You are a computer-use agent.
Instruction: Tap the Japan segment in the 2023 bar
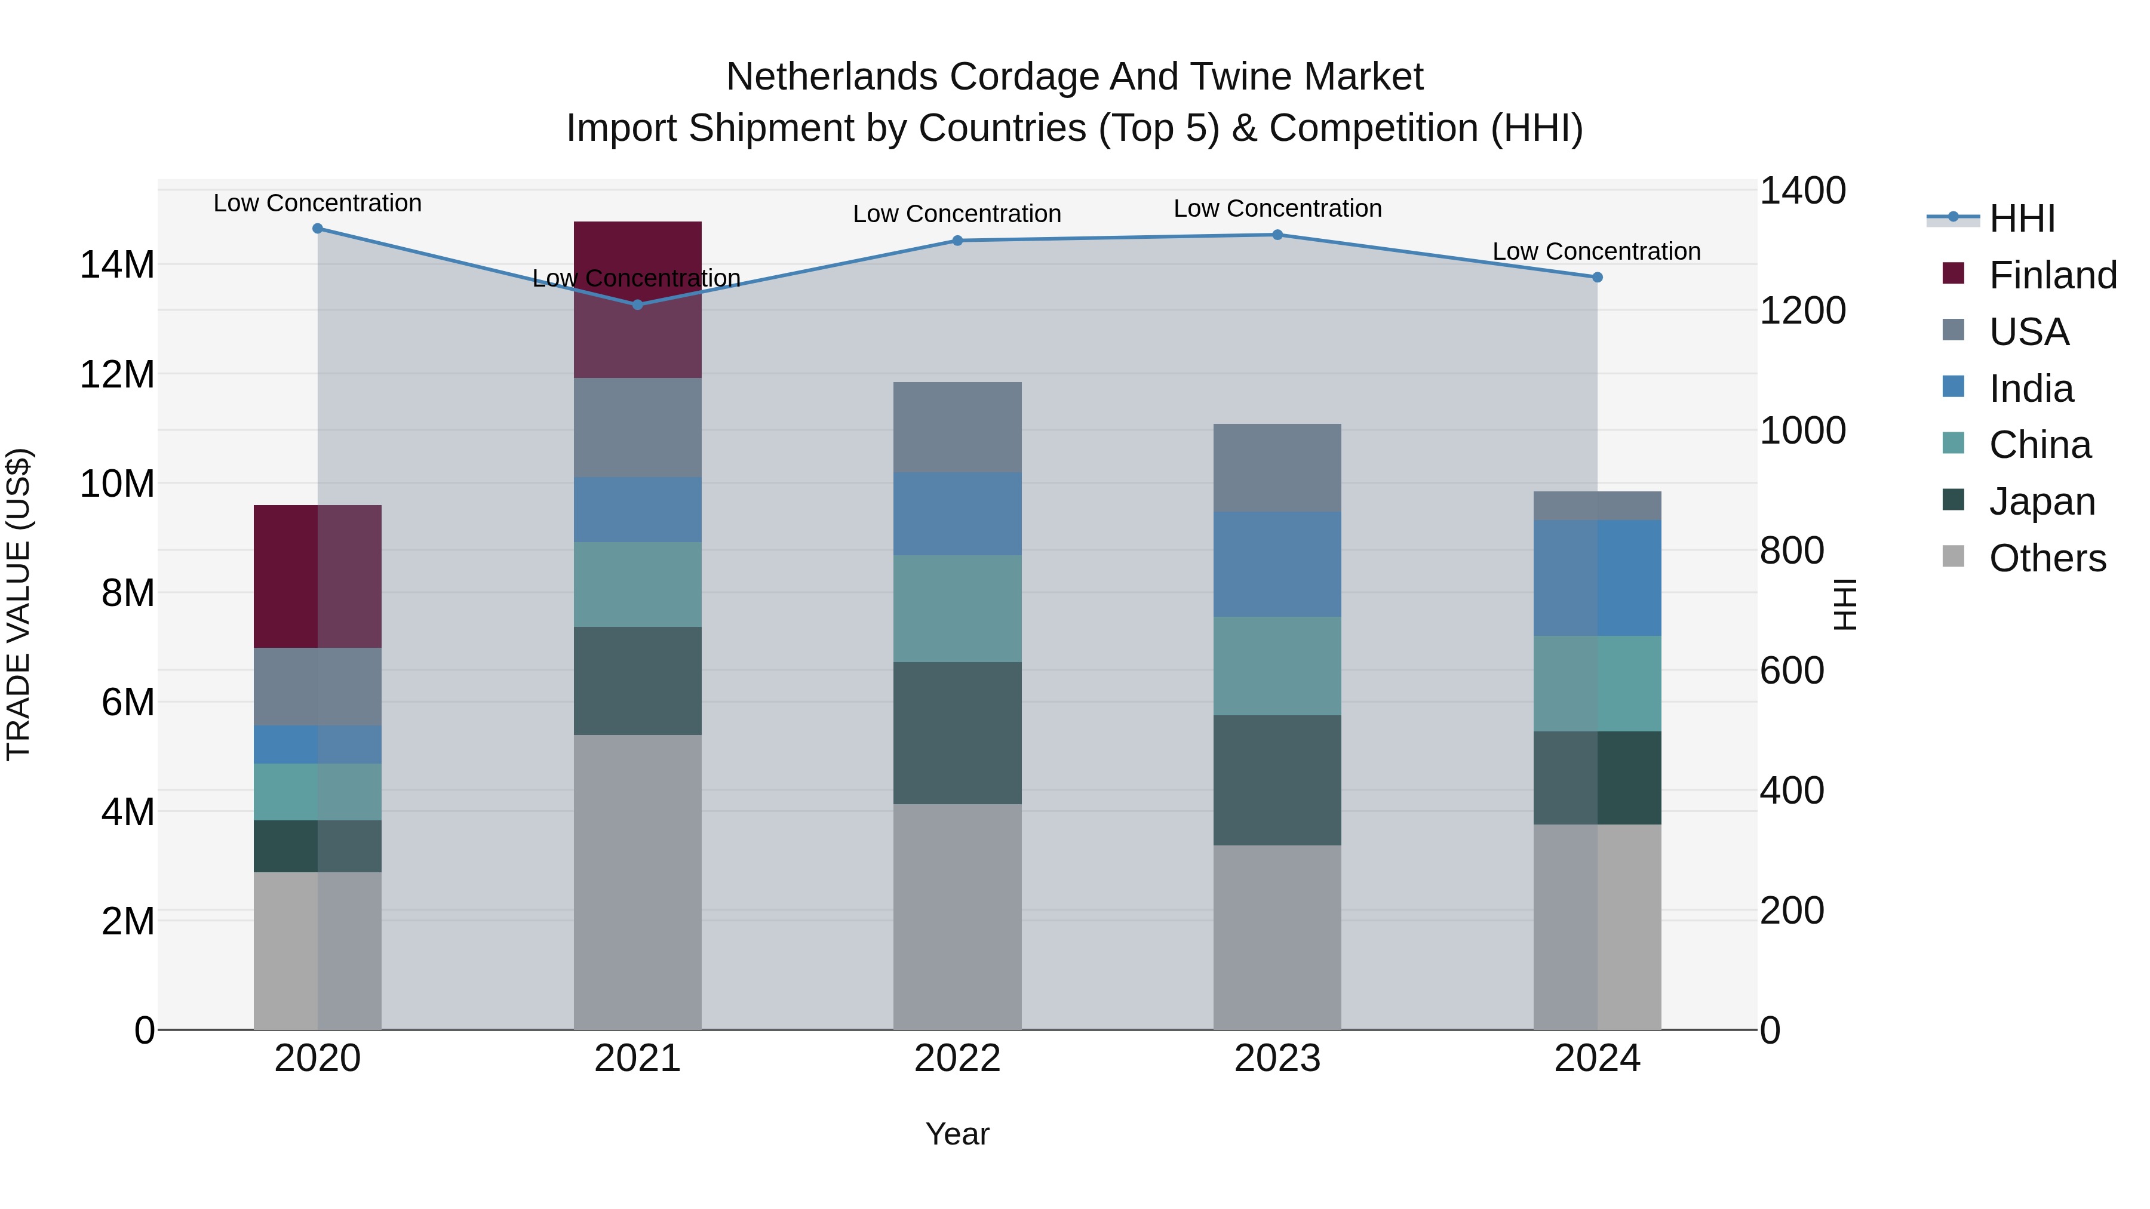(1277, 780)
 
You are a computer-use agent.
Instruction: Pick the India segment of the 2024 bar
(1596, 577)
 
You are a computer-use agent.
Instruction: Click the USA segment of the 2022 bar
(957, 427)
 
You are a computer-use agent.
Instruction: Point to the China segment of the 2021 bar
(638, 584)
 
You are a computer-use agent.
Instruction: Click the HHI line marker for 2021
(638, 304)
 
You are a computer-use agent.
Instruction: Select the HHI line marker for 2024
(1596, 277)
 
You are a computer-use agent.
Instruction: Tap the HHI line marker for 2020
(317, 229)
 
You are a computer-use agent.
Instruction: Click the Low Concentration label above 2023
(1277, 208)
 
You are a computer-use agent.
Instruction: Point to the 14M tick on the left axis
(117, 265)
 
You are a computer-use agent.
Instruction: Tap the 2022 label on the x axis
(957, 1059)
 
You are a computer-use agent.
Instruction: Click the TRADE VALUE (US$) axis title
(19, 604)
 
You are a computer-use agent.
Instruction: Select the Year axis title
(957, 1134)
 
